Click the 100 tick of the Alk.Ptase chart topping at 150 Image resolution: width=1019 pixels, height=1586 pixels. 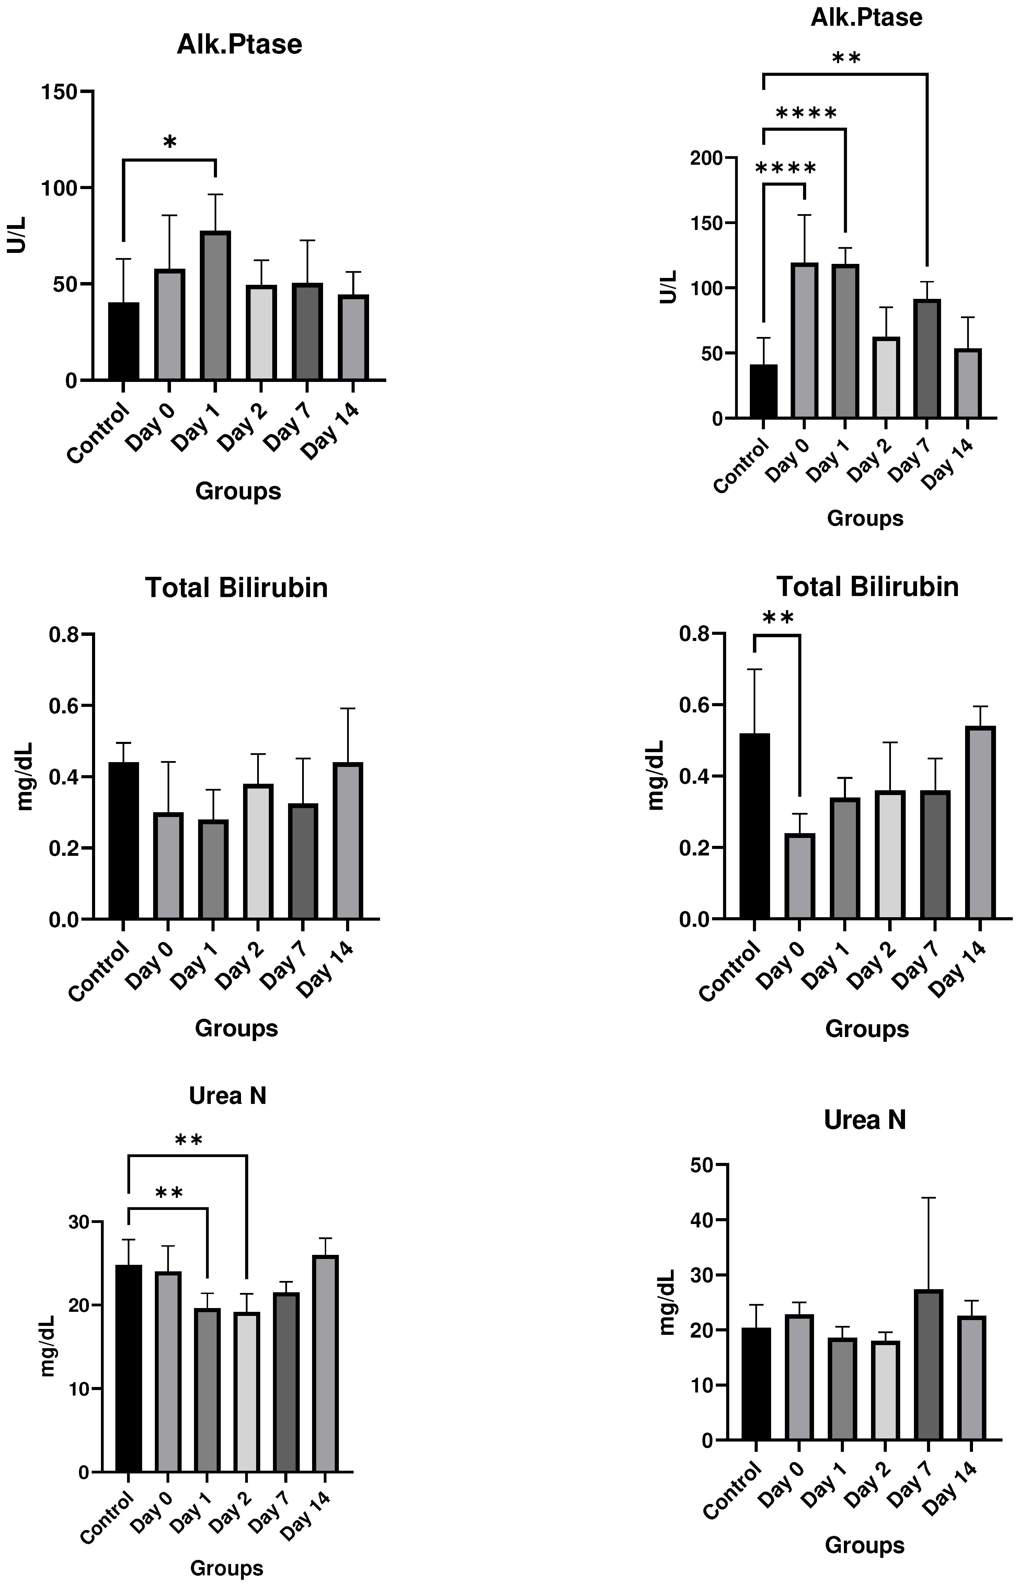click(x=59, y=188)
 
